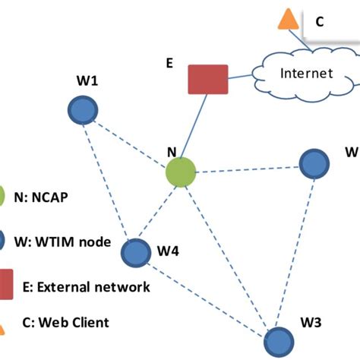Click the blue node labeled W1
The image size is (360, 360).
83,110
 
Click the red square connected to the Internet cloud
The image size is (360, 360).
208,79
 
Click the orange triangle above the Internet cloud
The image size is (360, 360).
288,19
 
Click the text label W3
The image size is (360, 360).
311,323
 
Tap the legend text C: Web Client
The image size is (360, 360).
65,322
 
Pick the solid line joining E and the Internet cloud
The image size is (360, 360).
241,76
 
